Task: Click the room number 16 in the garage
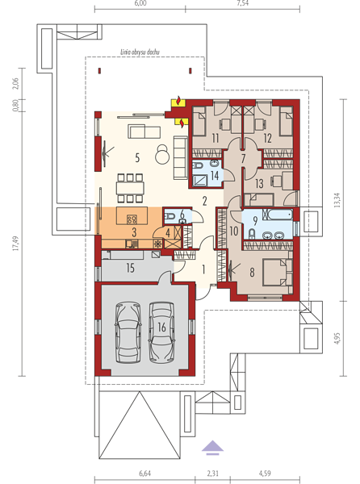pyautogui.click(x=161, y=327)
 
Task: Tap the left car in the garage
pyautogui.click(x=128, y=332)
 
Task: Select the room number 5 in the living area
pyautogui.click(x=137, y=158)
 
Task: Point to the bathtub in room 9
pyautogui.click(x=278, y=215)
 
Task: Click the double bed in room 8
pyautogui.click(x=275, y=273)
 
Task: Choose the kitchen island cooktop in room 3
pyautogui.click(x=132, y=219)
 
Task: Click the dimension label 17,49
pyautogui.click(x=16, y=244)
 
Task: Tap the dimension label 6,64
pyautogui.click(x=144, y=473)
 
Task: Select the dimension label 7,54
pyautogui.click(x=243, y=3)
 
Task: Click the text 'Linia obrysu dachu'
pyautogui.click(x=140, y=52)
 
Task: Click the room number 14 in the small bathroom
pyautogui.click(x=215, y=176)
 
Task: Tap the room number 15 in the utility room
pyautogui.click(x=130, y=268)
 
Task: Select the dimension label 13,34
pyautogui.click(x=337, y=200)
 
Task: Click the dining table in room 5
pyautogui.click(x=130, y=188)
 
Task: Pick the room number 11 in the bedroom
pyautogui.click(x=216, y=138)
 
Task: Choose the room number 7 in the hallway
pyautogui.click(x=243, y=158)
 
